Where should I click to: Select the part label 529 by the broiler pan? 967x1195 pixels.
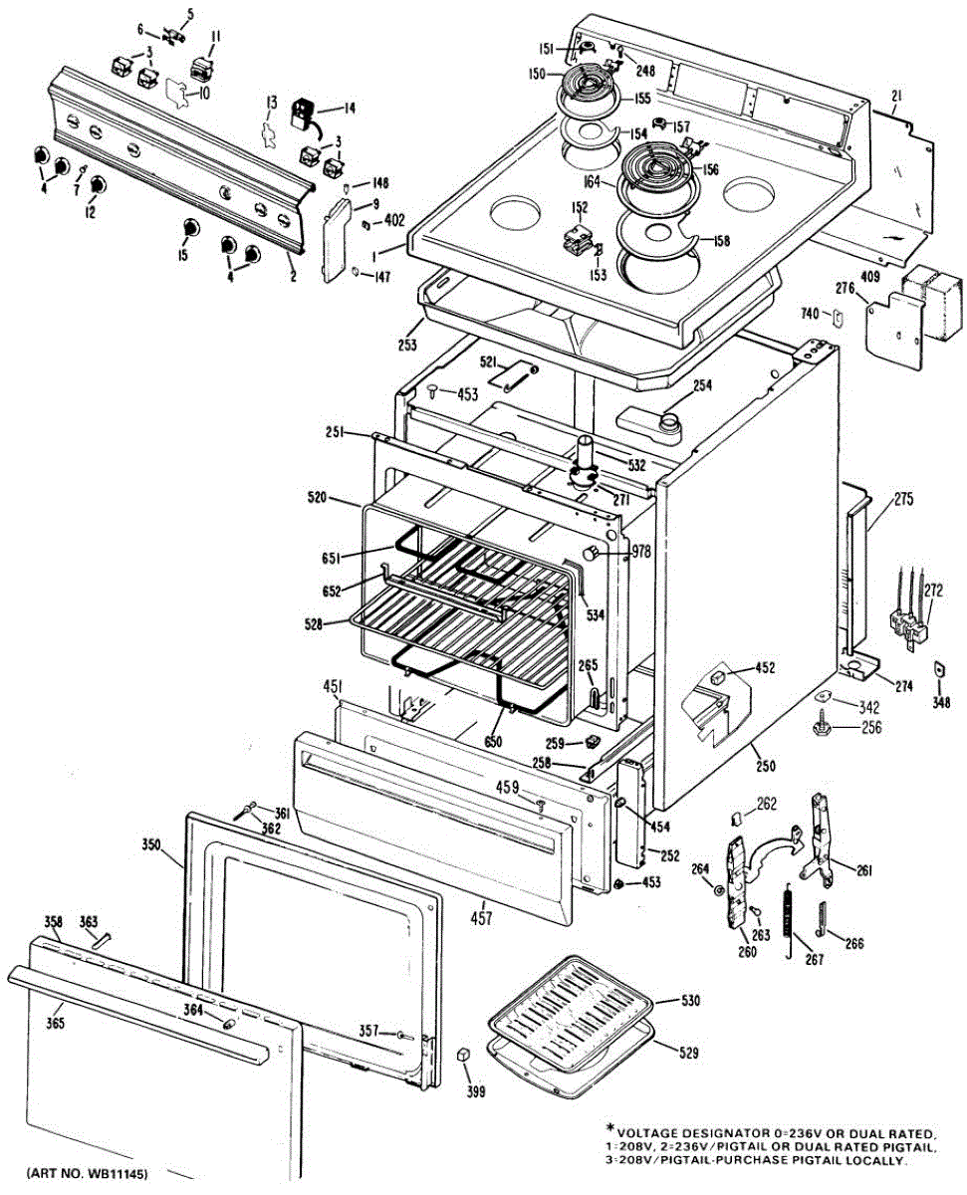pos(688,1053)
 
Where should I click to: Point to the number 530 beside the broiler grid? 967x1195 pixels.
pos(691,999)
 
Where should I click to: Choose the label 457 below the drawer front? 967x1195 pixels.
pos(481,918)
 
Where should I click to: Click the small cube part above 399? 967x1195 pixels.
pos(463,1055)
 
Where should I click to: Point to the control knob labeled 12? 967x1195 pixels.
pos(98,185)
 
